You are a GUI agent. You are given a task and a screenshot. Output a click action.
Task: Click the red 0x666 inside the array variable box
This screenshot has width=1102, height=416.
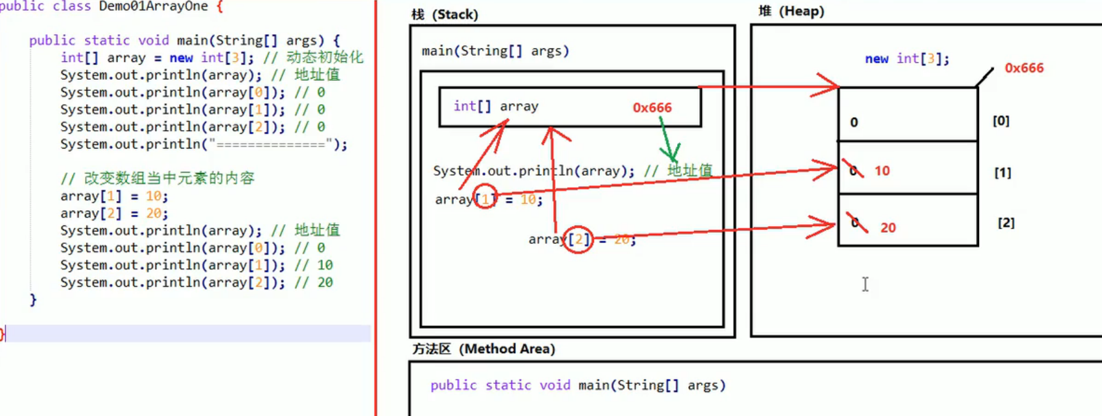(x=652, y=108)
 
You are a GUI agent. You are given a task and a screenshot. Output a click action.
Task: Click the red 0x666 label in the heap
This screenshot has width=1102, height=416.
(x=1024, y=68)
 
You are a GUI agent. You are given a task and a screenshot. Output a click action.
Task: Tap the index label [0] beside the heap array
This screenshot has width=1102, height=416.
(x=1001, y=121)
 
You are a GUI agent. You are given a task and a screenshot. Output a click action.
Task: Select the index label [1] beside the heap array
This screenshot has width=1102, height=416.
(x=1002, y=173)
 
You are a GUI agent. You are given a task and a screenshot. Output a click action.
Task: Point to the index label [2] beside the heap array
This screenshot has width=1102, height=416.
(x=1005, y=222)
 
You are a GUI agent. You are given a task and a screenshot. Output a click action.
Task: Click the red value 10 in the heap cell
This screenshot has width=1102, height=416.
(x=882, y=171)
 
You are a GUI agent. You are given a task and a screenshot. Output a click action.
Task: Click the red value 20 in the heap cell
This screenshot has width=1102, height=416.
(x=887, y=227)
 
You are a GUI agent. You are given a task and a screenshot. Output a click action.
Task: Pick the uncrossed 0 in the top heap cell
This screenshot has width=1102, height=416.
(x=854, y=122)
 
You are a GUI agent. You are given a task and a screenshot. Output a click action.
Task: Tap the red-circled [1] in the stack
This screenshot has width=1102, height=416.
(x=485, y=198)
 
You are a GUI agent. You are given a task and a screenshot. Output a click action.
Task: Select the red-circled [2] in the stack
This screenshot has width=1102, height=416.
(x=578, y=239)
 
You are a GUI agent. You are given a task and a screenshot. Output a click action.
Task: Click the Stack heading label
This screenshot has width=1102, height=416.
(x=445, y=14)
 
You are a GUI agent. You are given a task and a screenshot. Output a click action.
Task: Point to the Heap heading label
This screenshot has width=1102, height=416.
(x=791, y=11)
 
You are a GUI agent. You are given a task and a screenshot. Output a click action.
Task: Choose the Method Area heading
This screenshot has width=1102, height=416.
(x=483, y=349)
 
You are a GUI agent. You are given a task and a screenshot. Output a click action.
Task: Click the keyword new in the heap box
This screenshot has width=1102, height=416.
(x=876, y=59)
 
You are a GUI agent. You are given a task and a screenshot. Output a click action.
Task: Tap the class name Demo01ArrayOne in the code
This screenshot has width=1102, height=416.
(x=153, y=7)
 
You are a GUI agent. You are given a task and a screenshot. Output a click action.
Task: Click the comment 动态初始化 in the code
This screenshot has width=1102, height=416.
(x=325, y=58)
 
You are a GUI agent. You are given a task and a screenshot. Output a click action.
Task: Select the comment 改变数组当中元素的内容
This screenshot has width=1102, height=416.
(x=169, y=178)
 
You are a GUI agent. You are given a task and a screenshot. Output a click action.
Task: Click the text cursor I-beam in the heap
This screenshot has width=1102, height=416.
(x=865, y=284)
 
